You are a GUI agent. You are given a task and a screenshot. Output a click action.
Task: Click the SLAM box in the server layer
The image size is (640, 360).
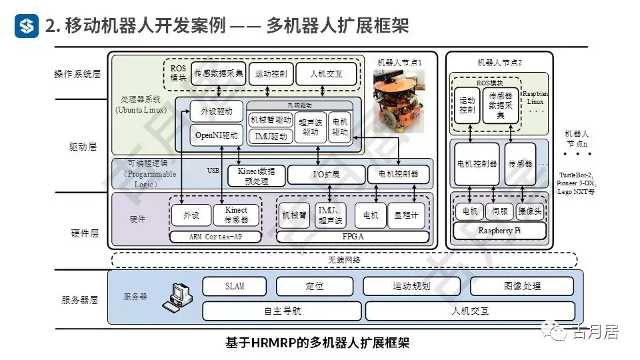(234, 287)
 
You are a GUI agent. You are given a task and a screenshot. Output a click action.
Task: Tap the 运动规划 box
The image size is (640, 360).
(411, 287)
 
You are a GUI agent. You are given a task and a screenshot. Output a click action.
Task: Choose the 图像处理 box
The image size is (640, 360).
(523, 287)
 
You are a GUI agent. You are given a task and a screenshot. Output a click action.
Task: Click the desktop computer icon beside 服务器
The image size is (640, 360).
(177, 298)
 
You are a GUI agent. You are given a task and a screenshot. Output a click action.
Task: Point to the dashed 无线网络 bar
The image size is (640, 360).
(343, 259)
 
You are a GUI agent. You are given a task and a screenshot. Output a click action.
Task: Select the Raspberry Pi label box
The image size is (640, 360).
(500, 231)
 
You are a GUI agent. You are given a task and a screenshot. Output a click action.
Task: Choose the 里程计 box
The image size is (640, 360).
(406, 215)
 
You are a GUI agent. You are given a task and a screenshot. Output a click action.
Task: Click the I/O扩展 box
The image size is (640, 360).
(326, 175)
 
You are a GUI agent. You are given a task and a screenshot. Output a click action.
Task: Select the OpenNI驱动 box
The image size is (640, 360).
(216, 135)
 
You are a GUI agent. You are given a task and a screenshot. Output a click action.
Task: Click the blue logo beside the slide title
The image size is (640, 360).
(27, 25)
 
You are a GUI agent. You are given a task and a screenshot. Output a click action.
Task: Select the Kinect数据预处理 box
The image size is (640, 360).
(256, 175)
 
